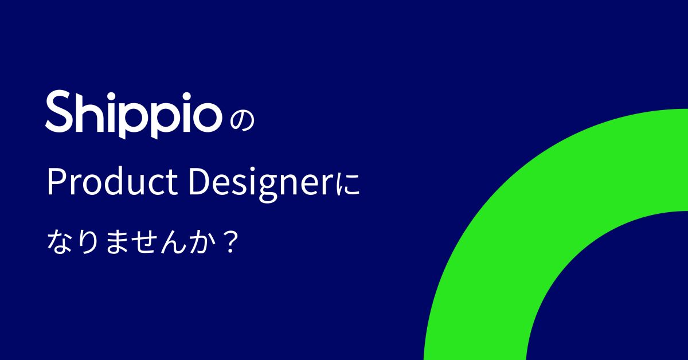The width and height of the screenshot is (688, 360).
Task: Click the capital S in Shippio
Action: tap(60, 112)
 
